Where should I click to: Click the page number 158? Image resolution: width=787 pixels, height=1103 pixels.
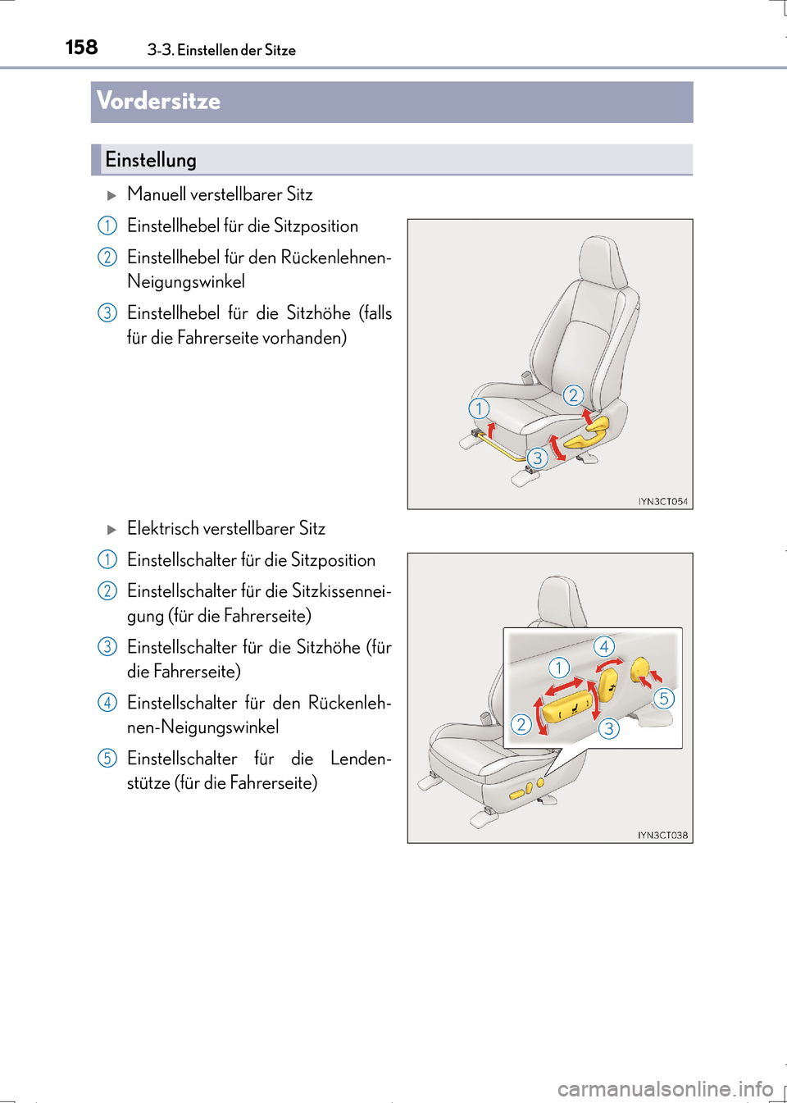[81, 48]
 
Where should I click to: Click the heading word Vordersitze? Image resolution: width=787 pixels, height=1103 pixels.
[158, 101]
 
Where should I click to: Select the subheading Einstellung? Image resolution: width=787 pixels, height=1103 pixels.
[151, 160]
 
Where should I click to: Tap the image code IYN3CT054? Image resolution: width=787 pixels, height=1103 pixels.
[662, 501]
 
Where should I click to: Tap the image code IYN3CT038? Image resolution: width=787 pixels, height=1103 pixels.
[662, 835]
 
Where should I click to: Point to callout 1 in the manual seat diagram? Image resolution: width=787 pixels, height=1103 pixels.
[479, 408]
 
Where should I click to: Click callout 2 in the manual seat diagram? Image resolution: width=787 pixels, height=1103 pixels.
[573, 395]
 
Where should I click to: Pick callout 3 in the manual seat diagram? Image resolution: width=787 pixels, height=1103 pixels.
[537, 458]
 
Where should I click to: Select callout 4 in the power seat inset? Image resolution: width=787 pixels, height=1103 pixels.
[604, 646]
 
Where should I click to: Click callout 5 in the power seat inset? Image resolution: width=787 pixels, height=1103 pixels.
[664, 698]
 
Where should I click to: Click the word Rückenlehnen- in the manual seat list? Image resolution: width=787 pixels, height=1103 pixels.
[336, 258]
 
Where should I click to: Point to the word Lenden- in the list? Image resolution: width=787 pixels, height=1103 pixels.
[361, 759]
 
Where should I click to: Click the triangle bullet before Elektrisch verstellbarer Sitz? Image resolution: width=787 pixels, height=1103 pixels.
[112, 530]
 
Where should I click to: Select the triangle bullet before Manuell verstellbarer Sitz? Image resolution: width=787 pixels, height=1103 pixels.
[112, 195]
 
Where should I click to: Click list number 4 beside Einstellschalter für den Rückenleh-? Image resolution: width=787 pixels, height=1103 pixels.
[107, 703]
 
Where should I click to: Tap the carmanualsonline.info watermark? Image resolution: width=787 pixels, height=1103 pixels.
[665, 1089]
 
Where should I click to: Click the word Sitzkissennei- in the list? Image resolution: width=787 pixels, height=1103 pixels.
[341, 591]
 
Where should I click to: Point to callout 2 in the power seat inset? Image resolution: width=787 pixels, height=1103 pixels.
[521, 724]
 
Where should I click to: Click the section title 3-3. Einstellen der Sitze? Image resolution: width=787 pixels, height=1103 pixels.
[221, 50]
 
